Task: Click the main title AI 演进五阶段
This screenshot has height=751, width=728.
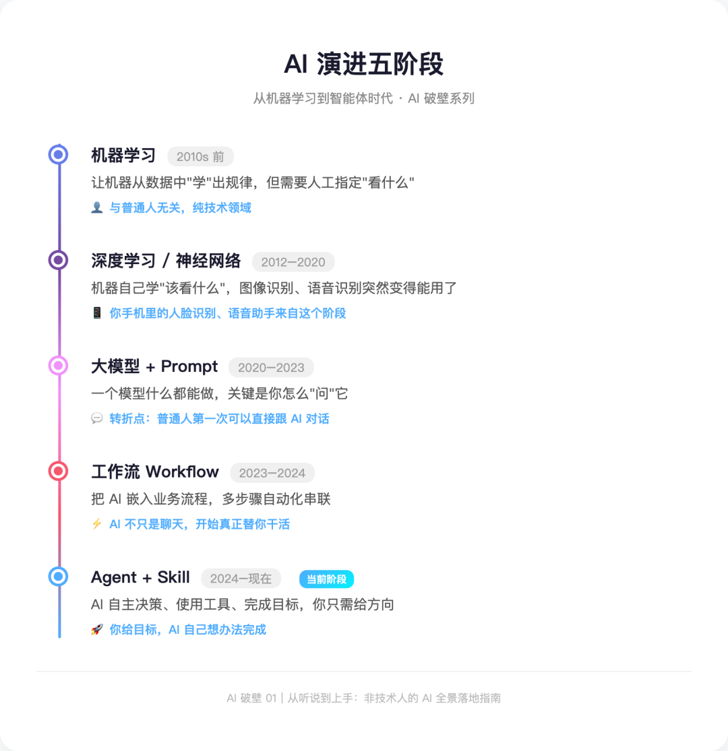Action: (x=363, y=65)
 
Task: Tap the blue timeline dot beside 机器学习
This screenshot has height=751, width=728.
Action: (x=59, y=155)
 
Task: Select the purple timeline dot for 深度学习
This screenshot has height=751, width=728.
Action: (x=59, y=260)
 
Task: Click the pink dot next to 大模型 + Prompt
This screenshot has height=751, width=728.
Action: (x=59, y=366)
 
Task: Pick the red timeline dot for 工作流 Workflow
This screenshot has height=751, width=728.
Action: (x=59, y=471)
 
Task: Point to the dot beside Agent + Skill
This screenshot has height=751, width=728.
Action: (x=59, y=576)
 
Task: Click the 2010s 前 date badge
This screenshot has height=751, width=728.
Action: (x=200, y=156)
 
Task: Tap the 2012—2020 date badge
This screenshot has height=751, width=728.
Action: (x=293, y=262)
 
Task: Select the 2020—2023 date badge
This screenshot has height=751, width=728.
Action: (x=271, y=367)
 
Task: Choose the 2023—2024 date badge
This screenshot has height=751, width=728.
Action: (x=272, y=473)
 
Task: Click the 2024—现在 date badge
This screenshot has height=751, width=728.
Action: (x=241, y=578)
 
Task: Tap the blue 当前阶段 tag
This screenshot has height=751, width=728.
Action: (x=326, y=579)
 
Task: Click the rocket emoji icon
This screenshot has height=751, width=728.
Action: (x=96, y=630)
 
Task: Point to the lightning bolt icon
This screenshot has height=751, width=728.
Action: (x=96, y=524)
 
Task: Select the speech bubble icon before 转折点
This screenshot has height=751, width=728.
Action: (x=96, y=419)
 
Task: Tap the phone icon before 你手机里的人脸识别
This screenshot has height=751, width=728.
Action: (x=96, y=313)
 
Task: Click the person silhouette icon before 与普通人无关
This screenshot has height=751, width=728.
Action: (x=96, y=208)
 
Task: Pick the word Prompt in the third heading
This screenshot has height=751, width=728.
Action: (x=189, y=366)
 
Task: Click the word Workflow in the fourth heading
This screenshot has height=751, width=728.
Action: (x=182, y=471)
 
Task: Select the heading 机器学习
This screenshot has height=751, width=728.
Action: (x=123, y=156)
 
